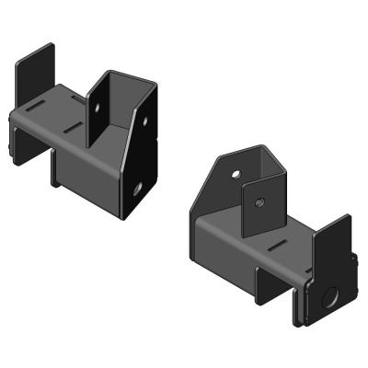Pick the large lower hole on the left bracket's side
point(137,190)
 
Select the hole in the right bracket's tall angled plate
point(236,173)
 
